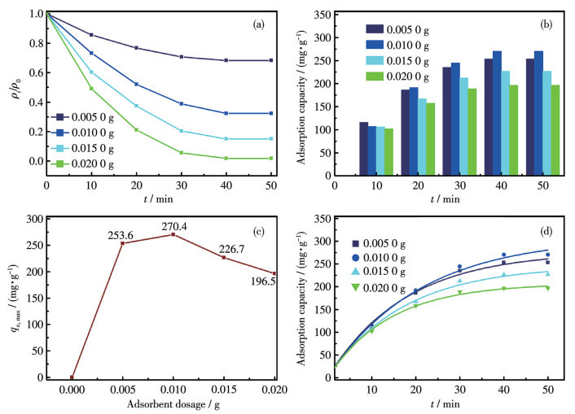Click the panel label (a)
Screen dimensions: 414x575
(259, 24)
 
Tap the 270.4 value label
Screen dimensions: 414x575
(169, 224)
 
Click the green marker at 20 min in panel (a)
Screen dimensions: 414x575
(136, 130)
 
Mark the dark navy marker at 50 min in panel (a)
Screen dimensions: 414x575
(270, 60)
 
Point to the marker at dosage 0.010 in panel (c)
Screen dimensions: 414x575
(173, 234)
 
